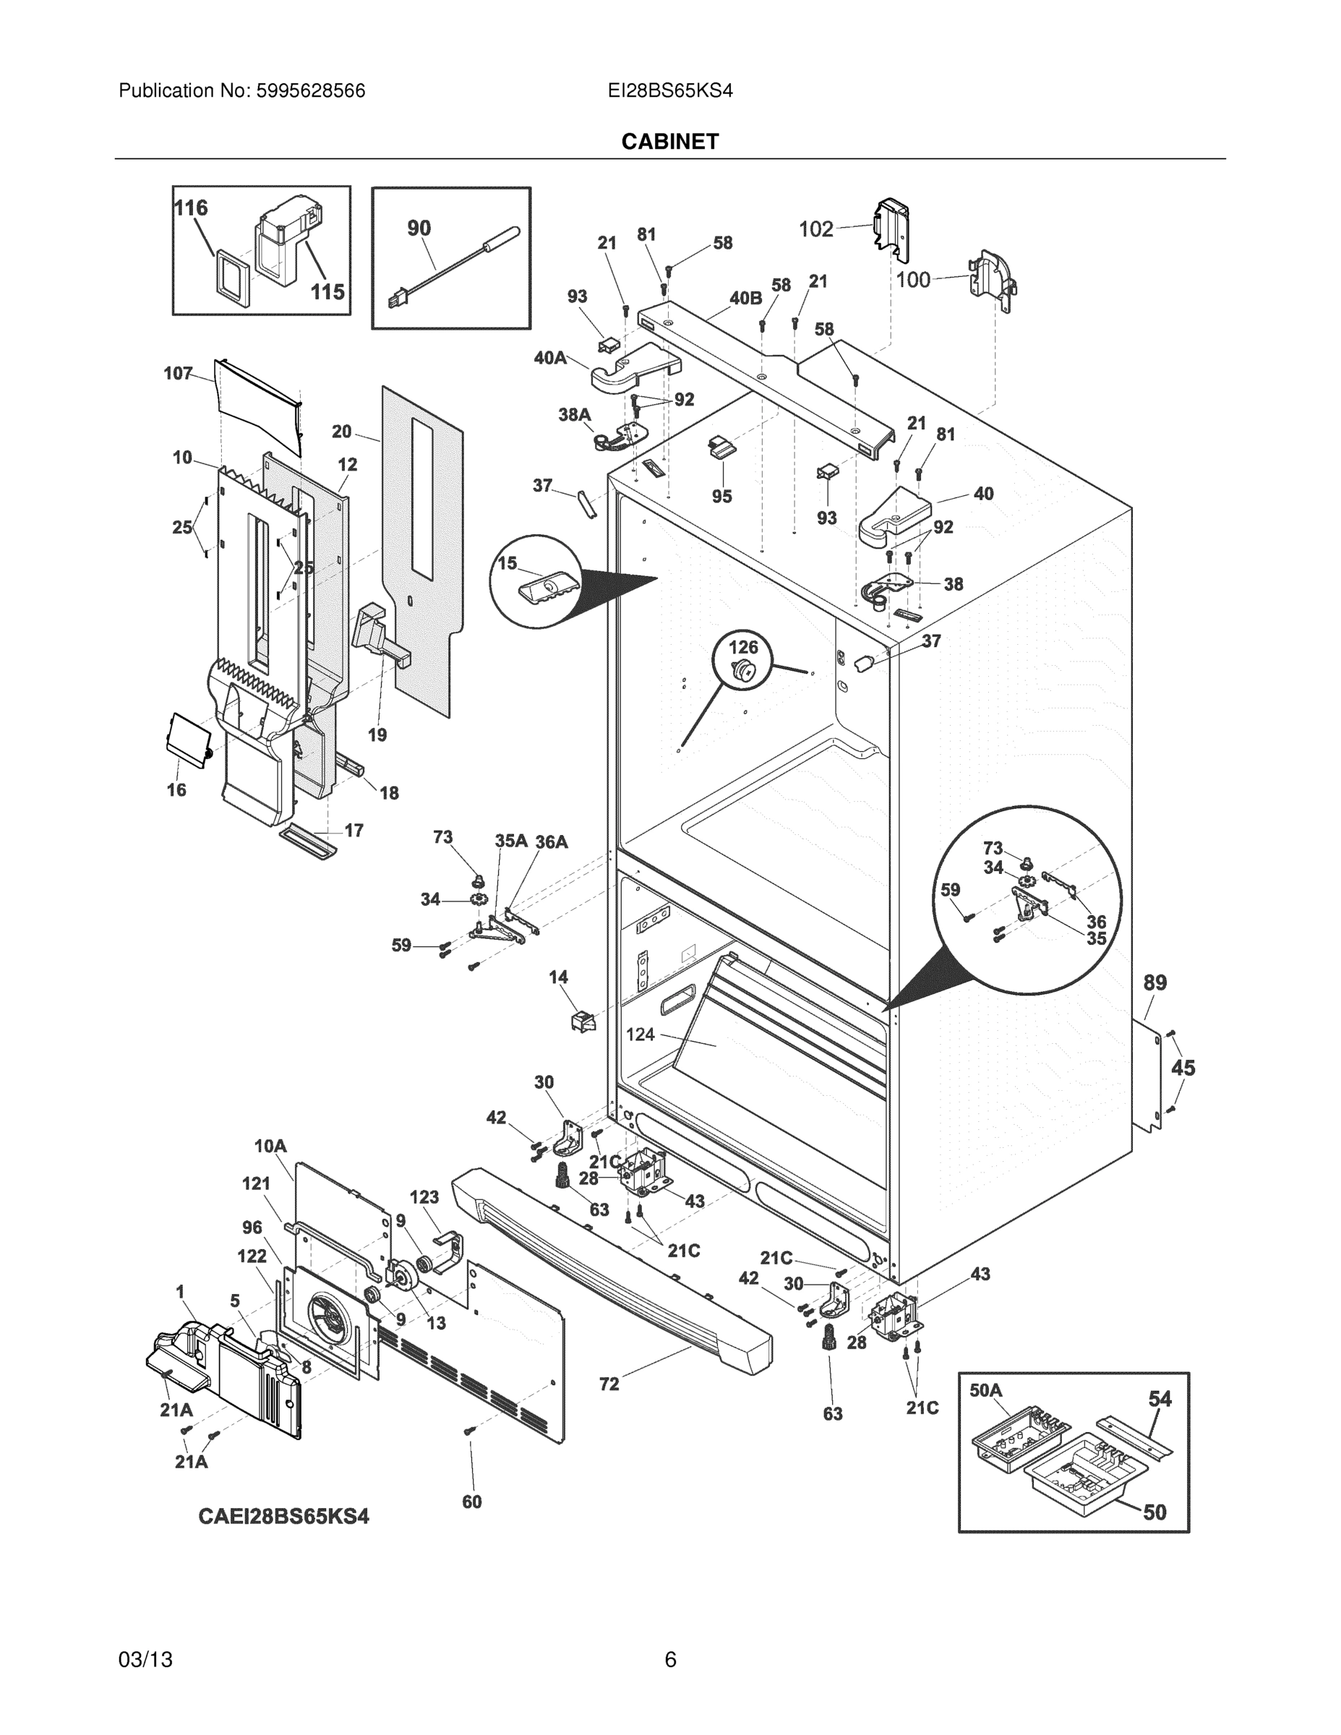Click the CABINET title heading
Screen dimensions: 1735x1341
point(669,142)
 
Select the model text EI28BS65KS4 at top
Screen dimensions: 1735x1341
point(669,91)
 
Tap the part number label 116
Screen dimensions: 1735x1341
point(191,208)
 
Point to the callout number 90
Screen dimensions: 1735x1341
point(419,228)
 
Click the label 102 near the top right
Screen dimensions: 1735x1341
point(815,230)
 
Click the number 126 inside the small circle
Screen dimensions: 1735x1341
point(743,647)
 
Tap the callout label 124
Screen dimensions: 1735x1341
point(640,1034)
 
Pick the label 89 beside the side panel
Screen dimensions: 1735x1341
point(1154,982)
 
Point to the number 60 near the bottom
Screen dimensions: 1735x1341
point(472,1501)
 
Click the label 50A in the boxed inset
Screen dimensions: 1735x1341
point(986,1390)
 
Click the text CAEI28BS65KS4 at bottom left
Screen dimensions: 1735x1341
point(283,1517)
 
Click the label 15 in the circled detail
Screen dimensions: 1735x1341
point(507,563)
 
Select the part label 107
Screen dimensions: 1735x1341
point(178,373)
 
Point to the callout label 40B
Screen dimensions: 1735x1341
point(745,298)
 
